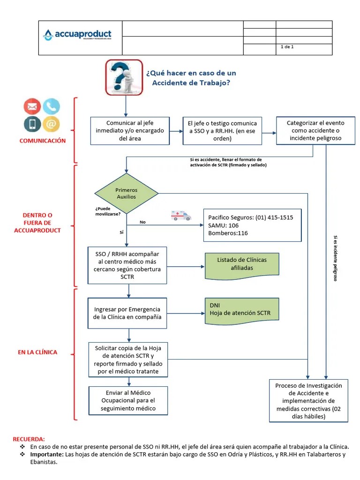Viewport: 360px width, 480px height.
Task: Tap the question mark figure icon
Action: click(x=124, y=77)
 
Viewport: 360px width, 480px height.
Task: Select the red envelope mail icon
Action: click(x=32, y=107)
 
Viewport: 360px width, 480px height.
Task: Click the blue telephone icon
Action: click(x=52, y=107)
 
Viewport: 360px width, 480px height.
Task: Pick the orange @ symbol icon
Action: click(x=52, y=124)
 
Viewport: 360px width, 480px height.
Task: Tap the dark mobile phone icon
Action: click(x=32, y=124)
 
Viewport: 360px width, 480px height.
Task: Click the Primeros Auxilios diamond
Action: click(x=127, y=193)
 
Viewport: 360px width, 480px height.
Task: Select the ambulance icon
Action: click(x=181, y=215)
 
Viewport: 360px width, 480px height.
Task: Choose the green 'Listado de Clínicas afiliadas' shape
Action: click(x=241, y=264)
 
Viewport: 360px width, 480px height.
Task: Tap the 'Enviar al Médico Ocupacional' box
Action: click(x=128, y=400)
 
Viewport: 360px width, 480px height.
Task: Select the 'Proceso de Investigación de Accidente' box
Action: click(x=308, y=400)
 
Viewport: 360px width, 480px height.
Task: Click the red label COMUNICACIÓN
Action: click(x=43, y=141)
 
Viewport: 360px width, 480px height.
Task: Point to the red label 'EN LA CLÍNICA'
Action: click(x=37, y=352)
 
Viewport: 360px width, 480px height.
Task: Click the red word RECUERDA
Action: click(x=29, y=439)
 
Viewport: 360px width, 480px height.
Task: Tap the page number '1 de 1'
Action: click(x=287, y=47)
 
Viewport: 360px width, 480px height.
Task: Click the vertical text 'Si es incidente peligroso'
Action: click(x=335, y=258)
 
